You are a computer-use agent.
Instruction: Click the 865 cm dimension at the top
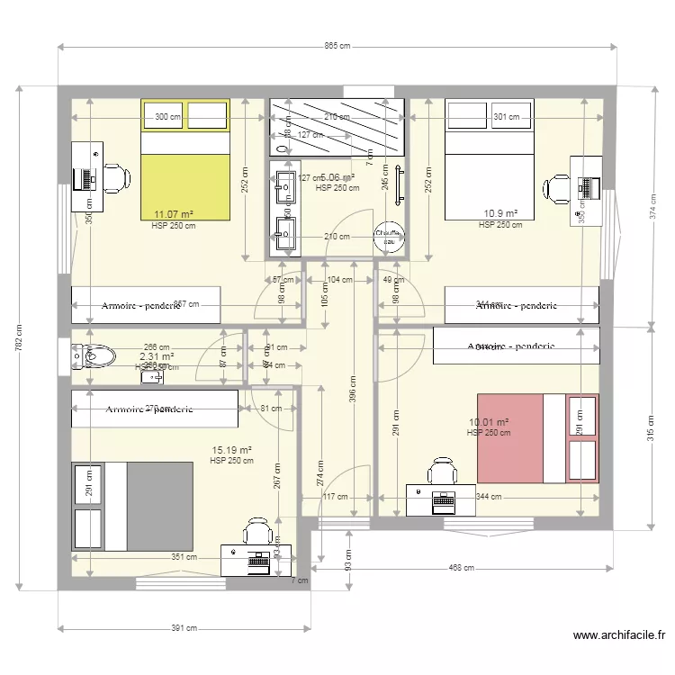[337, 46]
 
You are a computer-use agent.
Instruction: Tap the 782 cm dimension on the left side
[19, 339]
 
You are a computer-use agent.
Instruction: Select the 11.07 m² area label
[174, 214]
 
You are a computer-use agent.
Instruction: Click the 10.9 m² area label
[500, 213]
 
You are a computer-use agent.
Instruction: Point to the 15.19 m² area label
[230, 449]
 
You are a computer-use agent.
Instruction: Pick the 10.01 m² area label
[489, 422]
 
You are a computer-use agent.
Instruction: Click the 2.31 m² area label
[156, 356]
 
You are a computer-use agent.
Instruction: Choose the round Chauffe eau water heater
[390, 236]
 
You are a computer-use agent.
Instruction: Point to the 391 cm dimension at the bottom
[185, 628]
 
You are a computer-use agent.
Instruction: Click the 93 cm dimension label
[347, 558]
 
